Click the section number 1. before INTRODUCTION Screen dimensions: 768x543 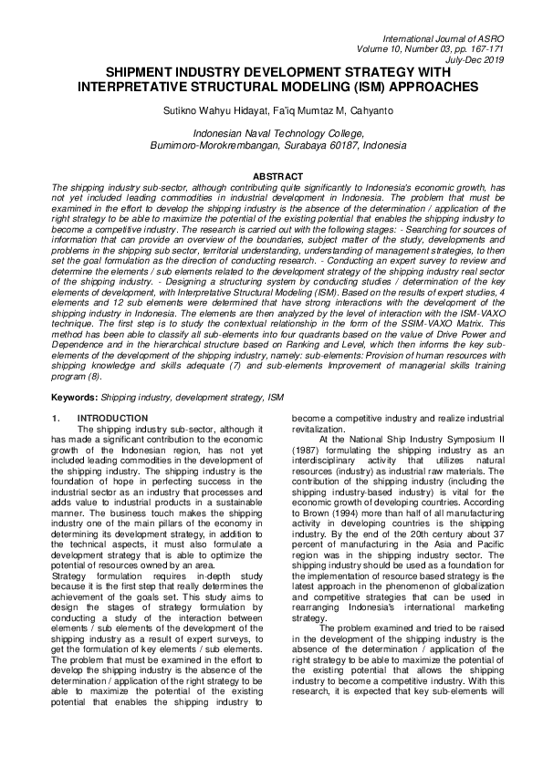[57, 418]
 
